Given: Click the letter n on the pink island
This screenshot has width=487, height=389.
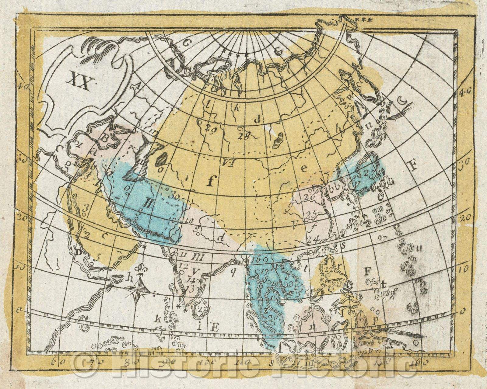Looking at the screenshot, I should tap(312, 326).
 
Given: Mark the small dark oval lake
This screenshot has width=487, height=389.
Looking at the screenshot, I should tap(162, 158).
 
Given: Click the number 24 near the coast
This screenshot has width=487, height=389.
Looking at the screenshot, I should tap(313, 239).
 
